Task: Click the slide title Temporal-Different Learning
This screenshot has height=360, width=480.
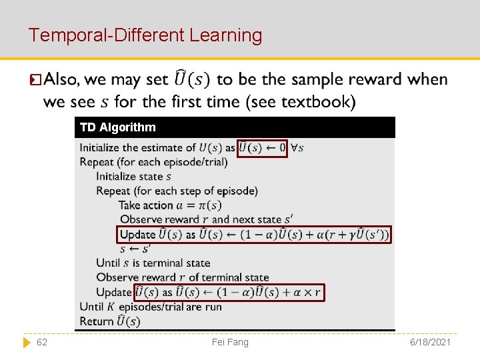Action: point(145,35)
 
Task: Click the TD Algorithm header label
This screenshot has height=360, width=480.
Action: point(117,127)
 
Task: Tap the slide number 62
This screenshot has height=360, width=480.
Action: point(41,342)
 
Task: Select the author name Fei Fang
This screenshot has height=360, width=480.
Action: point(230,342)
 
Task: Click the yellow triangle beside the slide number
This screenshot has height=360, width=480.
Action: point(27,342)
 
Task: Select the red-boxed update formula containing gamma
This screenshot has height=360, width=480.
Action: point(254,235)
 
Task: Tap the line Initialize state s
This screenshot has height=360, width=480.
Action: point(133,177)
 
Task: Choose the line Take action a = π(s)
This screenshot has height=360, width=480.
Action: point(170,205)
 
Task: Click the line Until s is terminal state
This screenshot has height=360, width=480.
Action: point(153,263)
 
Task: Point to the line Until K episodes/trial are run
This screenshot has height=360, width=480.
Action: point(150,307)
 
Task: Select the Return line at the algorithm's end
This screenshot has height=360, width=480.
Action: point(109,321)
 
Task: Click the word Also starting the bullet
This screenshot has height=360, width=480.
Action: point(61,79)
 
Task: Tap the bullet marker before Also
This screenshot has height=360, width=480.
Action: point(36,80)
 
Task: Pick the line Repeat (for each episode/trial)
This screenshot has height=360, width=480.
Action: point(153,162)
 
